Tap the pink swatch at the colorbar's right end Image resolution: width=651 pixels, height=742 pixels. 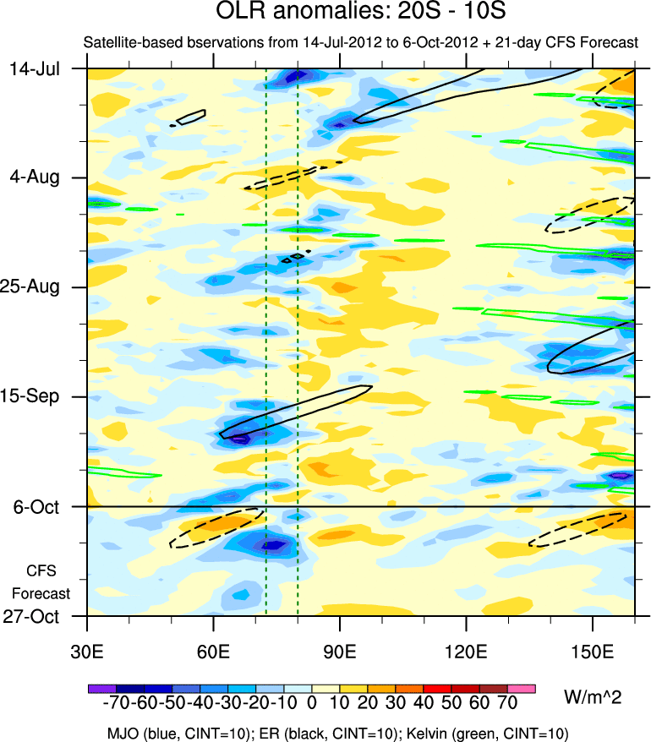[522, 690]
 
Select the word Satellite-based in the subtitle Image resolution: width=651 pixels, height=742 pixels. [125, 42]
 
